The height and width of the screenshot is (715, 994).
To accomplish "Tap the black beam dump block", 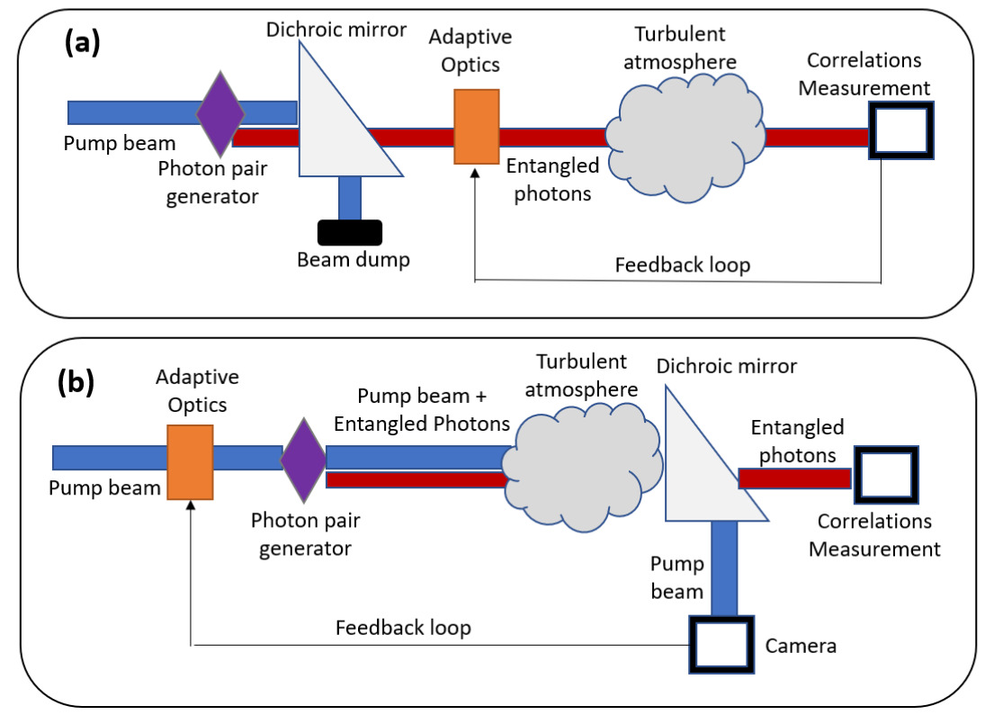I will (x=349, y=232).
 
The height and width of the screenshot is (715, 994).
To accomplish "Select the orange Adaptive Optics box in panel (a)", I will (x=476, y=127).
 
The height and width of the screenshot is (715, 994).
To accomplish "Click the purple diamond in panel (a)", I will (x=220, y=113).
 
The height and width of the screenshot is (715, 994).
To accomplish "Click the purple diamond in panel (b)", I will (x=302, y=459).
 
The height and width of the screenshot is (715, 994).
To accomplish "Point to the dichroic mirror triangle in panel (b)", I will (x=697, y=468).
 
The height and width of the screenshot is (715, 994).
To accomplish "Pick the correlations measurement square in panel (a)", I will (x=900, y=130).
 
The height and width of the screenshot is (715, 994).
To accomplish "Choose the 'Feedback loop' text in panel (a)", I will (x=683, y=265).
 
